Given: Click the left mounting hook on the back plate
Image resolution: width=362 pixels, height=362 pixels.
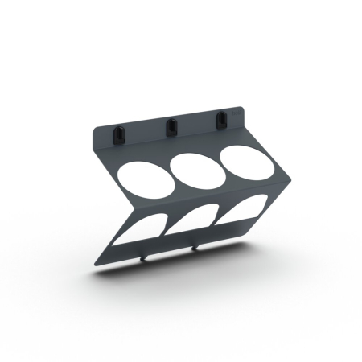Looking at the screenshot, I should [118, 133].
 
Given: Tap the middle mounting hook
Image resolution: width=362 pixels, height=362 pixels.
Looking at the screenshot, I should [170, 126].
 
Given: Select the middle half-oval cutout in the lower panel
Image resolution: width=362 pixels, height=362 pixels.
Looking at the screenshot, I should [194, 219].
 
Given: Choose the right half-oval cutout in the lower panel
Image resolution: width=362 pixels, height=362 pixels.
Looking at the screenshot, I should [243, 211].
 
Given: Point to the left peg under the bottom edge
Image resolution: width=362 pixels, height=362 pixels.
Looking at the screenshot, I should [144, 257].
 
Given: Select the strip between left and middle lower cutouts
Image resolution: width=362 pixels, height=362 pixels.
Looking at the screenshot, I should [167, 227].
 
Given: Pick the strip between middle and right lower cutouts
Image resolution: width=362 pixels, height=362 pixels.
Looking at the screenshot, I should [219, 217].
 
